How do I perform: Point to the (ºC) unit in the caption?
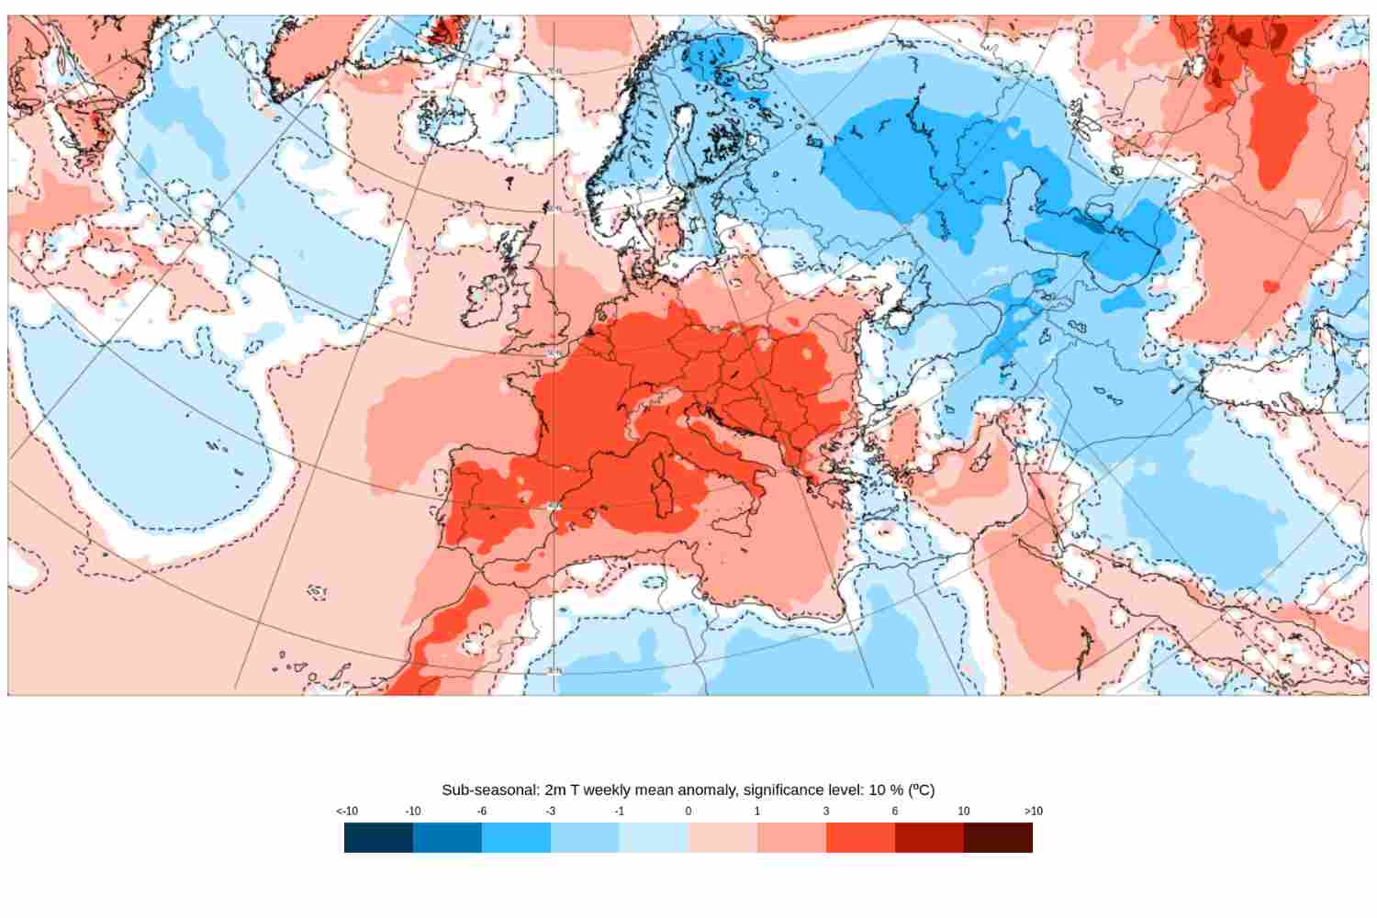point(921,789)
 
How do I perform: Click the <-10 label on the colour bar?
point(347,812)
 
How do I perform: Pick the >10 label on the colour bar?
point(1033,812)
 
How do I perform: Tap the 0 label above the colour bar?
point(688,812)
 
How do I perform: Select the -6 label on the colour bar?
point(482,812)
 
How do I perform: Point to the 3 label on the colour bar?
point(826,812)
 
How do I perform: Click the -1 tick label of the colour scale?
point(620,812)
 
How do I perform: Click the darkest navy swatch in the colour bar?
point(378,837)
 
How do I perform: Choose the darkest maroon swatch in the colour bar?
point(998,837)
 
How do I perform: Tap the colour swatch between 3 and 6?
point(860,837)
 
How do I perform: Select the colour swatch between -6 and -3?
point(516,837)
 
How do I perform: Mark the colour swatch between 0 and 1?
point(722,837)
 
